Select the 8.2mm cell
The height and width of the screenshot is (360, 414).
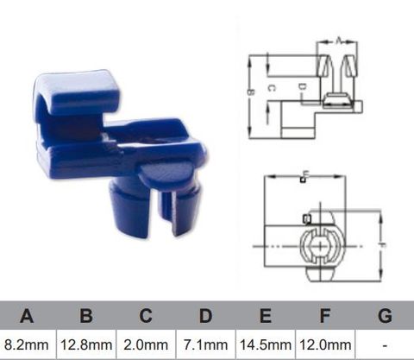28,344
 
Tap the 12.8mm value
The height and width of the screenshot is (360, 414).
86,344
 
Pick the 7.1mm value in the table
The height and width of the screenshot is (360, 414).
206,344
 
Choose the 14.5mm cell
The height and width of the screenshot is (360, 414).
266,344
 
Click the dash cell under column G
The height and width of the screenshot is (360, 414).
384,344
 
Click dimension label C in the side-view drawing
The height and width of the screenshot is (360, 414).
270,88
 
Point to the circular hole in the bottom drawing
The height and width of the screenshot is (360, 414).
320,245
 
